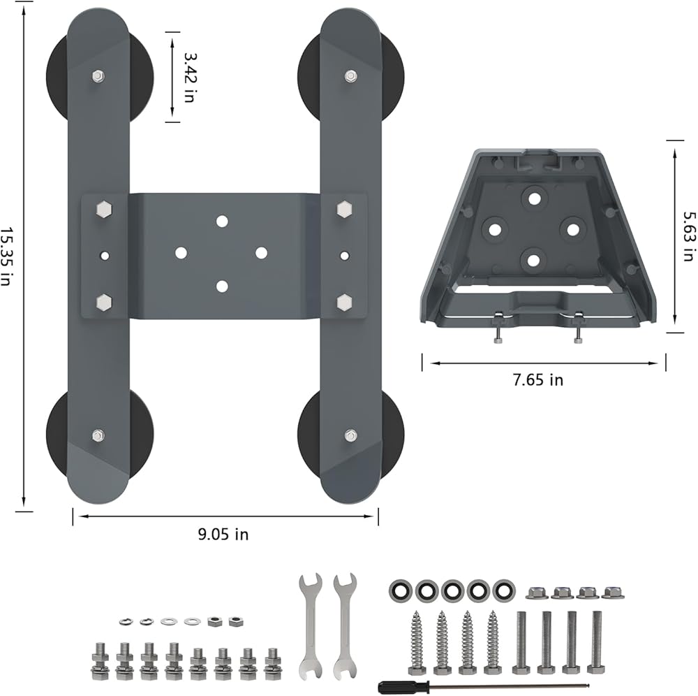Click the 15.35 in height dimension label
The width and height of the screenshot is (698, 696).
[x=6, y=256]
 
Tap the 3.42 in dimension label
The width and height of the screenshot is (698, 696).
[x=190, y=78]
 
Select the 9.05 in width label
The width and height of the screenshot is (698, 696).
[x=223, y=534]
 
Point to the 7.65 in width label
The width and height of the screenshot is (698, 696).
[x=537, y=379]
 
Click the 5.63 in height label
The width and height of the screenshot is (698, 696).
[x=689, y=236]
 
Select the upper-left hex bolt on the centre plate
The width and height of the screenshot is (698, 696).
[x=104, y=209]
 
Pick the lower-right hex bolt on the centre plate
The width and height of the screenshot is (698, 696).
[x=344, y=303]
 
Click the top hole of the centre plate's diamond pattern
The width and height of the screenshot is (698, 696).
[x=222, y=221]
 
